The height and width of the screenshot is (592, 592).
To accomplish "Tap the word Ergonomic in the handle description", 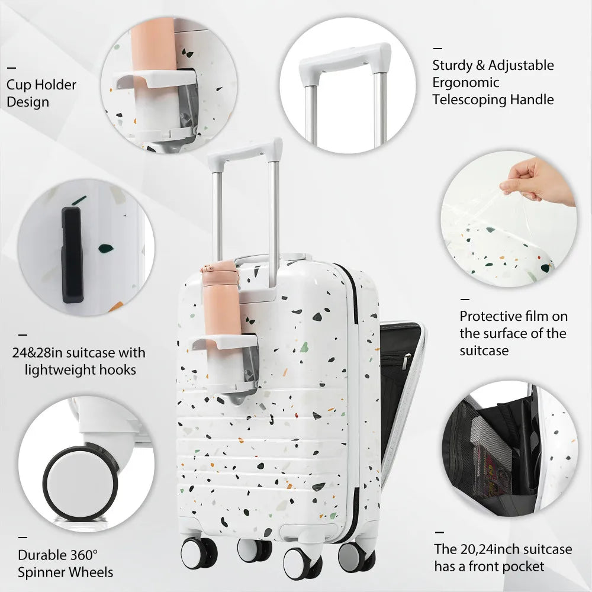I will tap(465, 82).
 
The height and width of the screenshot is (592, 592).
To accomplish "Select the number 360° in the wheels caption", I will tap(83, 555).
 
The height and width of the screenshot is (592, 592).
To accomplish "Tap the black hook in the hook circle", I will tap(72, 255).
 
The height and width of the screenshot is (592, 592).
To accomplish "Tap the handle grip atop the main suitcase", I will tap(244, 151).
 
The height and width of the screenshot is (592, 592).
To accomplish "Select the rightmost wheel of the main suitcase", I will tap(355, 556).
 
